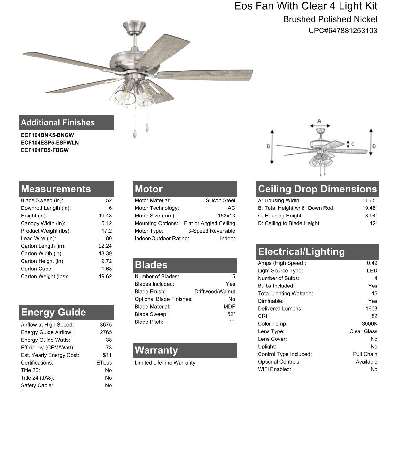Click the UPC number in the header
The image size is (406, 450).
click(x=343, y=31)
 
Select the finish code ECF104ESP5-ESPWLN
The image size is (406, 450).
click(x=50, y=143)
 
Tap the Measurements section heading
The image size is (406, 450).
click(x=56, y=189)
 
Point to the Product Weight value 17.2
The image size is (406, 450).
click(x=107, y=231)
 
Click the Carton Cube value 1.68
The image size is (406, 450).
click(x=107, y=269)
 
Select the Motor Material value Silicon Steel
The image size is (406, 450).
click(x=220, y=201)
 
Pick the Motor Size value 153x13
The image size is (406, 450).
click(x=226, y=216)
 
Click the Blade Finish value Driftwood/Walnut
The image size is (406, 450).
click(x=215, y=292)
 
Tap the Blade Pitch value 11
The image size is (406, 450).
click(x=232, y=322)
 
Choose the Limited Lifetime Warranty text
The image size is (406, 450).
click(x=165, y=363)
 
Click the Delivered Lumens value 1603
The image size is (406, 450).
click(x=371, y=309)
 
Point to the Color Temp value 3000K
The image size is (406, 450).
click(x=369, y=324)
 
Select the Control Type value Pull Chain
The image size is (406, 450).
click(x=365, y=354)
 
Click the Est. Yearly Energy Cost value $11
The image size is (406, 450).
click(x=107, y=355)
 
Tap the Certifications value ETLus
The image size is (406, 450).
click(x=104, y=363)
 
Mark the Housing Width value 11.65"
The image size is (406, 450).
click(x=370, y=201)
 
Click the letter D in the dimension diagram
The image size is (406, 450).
click(x=374, y=146)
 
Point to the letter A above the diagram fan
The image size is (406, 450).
click(x=319, y=121)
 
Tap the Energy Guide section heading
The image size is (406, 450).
click(x=53, y=312)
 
